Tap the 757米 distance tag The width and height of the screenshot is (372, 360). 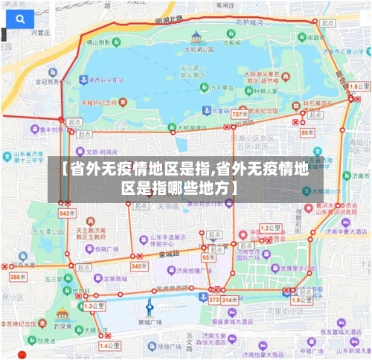click(x=240, y=115)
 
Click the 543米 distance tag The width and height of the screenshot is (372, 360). click(x=67, y=213)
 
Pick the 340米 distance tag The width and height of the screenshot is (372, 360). click(x=139, y=266)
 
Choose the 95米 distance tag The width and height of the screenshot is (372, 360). click(x=209, y=257)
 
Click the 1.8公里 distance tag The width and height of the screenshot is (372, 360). click(x=359, y=87)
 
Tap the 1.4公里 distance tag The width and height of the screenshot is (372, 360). click(x=109, y=346)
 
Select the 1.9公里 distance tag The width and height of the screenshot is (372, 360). click(x=301, y=300)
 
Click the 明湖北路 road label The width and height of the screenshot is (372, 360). click(x=168, y=19)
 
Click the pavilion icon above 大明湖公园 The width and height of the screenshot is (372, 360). click(x=196, y=36)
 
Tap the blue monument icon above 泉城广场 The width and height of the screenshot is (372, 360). click(x=150, y=306)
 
